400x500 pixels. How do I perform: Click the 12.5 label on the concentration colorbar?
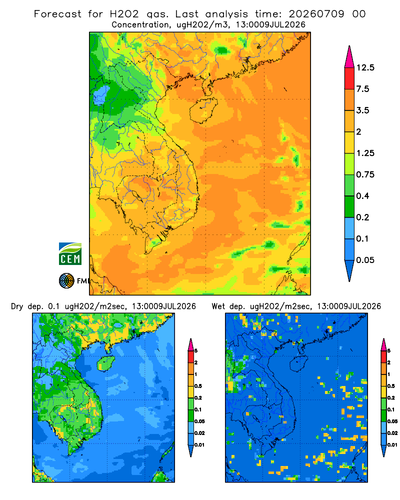tap(365, 67)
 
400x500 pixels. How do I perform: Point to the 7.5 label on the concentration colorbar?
tap(362, 89)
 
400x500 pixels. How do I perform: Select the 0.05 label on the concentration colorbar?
tap(365, 260)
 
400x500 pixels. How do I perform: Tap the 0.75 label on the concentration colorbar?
tap(365, 174)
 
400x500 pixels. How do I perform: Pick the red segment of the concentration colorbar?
tap(349, 78)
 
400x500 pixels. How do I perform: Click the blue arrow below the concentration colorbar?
tap(349, 270)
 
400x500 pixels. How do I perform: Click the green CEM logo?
tap(70, 254)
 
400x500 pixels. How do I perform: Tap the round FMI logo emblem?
tap(66, 281)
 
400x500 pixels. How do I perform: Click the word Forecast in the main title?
tap(57, 14)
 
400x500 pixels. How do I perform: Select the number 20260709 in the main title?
tap(316, 14)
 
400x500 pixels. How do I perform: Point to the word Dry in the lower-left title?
tap(17, 306)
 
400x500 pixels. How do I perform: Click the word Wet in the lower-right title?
tap(218, 306)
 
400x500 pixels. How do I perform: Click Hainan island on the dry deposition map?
tap(105, 363)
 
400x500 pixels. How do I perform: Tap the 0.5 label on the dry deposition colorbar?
tap(198, 386)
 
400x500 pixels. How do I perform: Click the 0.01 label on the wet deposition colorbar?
tap(392, 445)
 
